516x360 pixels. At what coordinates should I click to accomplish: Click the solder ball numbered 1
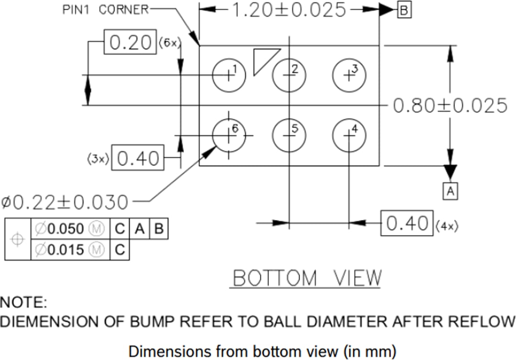229,75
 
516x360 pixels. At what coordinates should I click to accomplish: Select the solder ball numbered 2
289,75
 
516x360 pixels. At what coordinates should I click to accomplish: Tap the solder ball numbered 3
349,75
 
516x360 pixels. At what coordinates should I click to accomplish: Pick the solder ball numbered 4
349,135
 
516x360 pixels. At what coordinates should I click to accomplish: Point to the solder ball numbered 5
289,135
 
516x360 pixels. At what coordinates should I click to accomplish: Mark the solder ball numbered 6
229,135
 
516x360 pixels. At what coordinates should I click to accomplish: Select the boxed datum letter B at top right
404,10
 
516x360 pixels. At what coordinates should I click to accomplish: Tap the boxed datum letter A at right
450,191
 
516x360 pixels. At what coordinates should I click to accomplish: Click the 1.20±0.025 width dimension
289,10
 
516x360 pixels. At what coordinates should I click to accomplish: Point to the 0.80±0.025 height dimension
450,106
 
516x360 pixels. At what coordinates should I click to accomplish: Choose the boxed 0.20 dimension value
130,43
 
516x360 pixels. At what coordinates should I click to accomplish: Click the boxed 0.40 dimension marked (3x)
138,158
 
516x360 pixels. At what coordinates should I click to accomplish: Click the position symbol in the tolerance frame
18,240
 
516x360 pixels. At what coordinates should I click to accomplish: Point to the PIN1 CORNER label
106,10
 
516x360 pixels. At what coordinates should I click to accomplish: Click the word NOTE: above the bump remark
23,302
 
